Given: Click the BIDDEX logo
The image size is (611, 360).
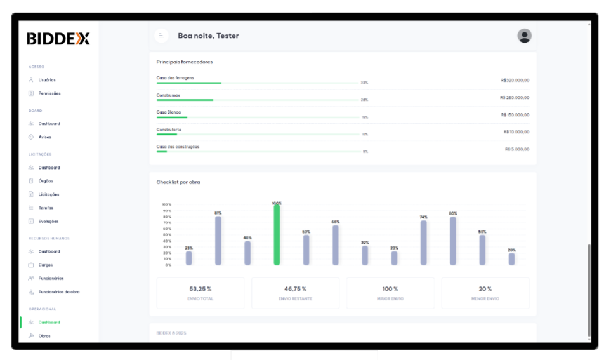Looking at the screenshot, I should [58, 39].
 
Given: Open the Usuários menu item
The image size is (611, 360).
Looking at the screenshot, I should [47, 80].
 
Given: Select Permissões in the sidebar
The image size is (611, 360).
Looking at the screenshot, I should [49, 93].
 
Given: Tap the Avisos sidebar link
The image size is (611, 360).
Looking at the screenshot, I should [45, 137].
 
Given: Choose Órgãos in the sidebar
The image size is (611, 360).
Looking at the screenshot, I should [46, 181].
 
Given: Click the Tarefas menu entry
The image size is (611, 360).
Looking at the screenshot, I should [46, 208].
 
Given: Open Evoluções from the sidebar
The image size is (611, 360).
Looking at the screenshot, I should [48, 222].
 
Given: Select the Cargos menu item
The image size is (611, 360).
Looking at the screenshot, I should [46, 265].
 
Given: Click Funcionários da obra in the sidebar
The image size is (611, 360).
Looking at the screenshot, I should [59, 292].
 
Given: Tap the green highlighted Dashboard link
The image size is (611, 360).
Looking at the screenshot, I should [49, 323].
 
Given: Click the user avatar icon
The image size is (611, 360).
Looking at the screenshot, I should [524, 36].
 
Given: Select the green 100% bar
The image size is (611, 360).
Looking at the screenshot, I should [277, 235].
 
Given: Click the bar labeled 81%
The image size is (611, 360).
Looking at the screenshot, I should [218, 240].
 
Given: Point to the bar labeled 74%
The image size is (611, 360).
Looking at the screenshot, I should [423, 243].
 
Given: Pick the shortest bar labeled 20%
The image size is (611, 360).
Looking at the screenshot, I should [511, 259].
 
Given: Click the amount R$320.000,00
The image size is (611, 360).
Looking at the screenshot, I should [515, 81].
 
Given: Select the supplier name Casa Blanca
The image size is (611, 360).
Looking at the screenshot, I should [169, 112].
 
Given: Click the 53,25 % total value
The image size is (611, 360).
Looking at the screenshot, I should [200, 289].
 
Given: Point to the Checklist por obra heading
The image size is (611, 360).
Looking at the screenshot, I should [178, 182].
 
